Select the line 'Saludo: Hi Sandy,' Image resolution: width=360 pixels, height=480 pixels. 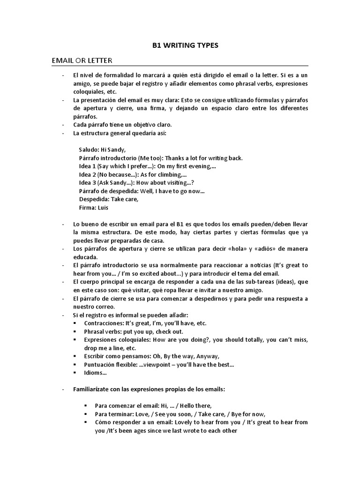click(102, 150)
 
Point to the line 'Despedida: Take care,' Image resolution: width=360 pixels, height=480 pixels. click(109, 199)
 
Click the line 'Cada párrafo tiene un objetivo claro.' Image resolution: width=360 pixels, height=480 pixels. click(122, 125)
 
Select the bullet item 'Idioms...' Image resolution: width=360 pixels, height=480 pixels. click(95, 373)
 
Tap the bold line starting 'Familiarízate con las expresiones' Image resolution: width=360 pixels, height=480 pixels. click(149, 389)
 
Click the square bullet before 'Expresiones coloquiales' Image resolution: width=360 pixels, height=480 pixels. click(75, 340)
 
